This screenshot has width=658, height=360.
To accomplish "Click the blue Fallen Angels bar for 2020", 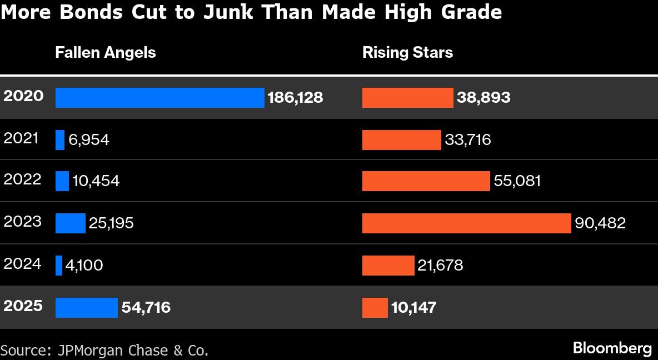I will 159,98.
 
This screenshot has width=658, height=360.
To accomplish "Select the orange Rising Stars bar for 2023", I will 466,223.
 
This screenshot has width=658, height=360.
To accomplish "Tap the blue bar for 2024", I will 59,266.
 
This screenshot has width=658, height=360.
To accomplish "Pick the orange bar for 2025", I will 375,308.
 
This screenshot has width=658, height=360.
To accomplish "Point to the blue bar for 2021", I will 60,140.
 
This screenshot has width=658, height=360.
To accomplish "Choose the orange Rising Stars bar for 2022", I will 426,181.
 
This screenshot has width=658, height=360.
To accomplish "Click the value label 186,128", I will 295,98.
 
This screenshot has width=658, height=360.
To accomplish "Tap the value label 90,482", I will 600,223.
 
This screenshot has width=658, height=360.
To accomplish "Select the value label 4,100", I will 84,266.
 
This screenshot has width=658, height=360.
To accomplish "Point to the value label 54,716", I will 146,307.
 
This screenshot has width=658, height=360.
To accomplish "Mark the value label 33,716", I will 468,139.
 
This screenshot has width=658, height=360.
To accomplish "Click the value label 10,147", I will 413,307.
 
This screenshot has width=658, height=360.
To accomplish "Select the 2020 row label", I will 23,96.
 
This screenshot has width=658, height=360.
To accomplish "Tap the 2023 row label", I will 22,222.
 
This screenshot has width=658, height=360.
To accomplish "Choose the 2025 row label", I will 23,306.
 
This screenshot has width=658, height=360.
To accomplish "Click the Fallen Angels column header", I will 105,52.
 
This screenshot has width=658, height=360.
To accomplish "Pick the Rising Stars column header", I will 407,52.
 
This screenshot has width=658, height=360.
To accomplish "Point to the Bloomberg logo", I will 612,348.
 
